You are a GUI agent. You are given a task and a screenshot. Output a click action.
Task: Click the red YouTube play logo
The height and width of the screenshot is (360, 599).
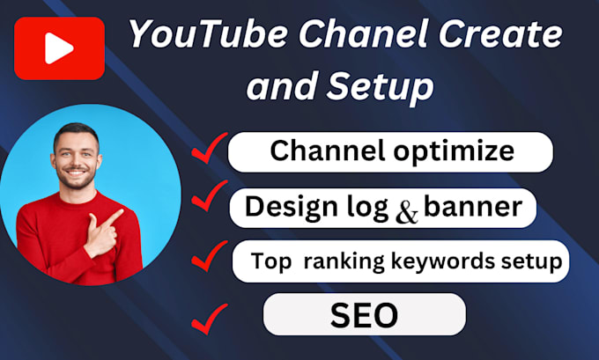coord(60,48)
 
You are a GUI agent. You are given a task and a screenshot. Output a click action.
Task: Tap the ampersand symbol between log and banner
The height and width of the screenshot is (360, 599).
coord(408,212)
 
